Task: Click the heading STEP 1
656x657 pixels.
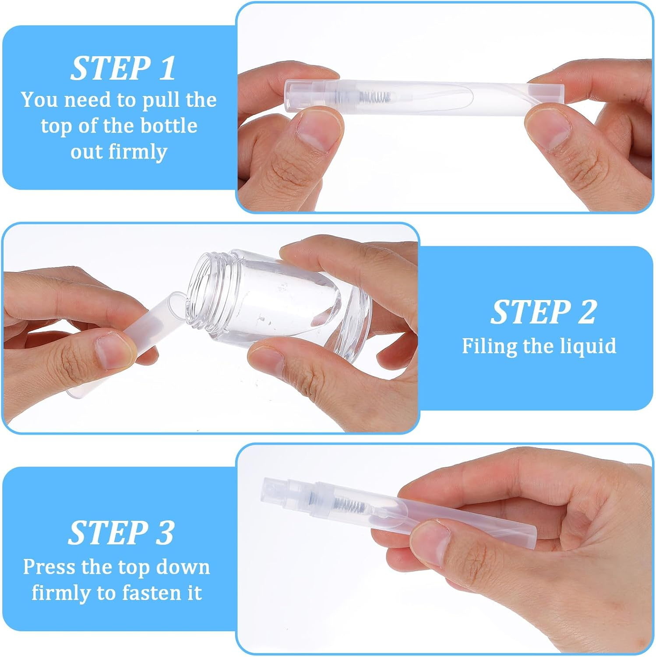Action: [123, 68]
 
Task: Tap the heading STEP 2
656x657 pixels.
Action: [543, 312]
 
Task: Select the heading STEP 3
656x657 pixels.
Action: [121, 533]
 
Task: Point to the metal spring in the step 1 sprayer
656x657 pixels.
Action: [375, 96]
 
